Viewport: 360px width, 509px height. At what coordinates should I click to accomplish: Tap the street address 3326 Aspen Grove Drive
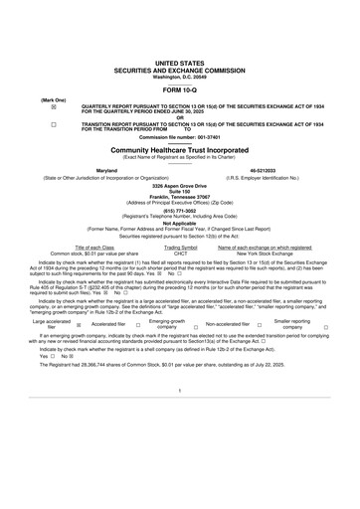[180, 186]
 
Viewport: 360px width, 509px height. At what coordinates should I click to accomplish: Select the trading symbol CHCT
[180, 254]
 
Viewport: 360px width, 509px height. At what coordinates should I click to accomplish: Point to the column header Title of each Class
[94, 247]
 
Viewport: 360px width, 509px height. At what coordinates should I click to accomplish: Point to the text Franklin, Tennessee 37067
[180, 196]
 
